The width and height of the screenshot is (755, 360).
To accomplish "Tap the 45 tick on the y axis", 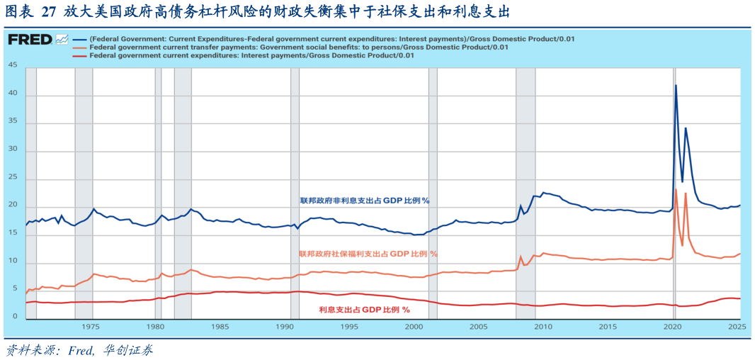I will pyautogui.click(x=13, y=65).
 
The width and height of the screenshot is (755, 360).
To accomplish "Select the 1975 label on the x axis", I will pyautogui.click(x=90, y=327).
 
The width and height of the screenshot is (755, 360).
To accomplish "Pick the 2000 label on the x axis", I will pyautogui.click(x=414, y=327).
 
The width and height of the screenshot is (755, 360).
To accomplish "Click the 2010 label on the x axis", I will pyautogui.click(x=543, y=327).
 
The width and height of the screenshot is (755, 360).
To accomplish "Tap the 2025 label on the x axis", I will pyautogui.click(x=737, y=327).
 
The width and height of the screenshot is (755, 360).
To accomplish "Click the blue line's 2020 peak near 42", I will pyautogui.click(x=676, y=86).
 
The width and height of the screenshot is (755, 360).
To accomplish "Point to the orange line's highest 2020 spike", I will pyautogui.click(x=676, y=189).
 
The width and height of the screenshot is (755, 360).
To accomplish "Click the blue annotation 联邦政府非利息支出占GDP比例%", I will pyautogui.click(x=364, y=201).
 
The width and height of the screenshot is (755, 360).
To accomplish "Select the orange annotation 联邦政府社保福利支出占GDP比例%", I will pyautogui.click(x=368, y=254).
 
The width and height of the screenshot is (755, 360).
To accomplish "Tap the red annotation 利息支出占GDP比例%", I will pyautogui.click(x=364, y=310).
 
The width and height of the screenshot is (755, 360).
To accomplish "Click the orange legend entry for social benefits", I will pyautogui.click(x=297, y=47).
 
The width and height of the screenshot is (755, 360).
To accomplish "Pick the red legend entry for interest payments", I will pyautogui.click(x=251, y=55).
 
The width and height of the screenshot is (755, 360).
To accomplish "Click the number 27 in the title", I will pyautogui.click(x=51, y=13).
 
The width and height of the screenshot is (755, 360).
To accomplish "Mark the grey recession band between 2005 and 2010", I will pyautogui.click(x=525, y=191).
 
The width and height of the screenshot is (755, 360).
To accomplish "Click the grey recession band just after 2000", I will pyautogui.click(x=433, y=191).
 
